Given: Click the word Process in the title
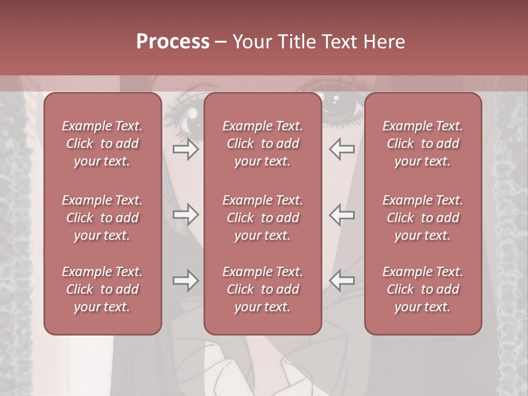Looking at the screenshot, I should (173, 42).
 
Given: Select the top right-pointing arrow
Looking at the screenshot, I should (185, 149).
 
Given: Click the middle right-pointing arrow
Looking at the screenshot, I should (185, 215).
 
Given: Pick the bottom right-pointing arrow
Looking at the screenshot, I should (185, 280).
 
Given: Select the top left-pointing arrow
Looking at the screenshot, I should (342, 149).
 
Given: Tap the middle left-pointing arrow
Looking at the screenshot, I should (342, 215).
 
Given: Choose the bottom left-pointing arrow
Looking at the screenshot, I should (342, 280).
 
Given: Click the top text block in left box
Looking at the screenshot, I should (102, 144).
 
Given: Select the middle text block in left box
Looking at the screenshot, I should (102, 218).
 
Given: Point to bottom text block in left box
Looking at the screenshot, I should (102, 289).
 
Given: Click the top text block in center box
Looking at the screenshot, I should (263, 144).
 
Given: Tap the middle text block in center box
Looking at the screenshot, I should (263, 218).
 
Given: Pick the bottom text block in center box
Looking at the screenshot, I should (263, 289).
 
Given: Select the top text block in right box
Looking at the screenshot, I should (423, 144).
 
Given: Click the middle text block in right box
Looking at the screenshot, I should (423, 218).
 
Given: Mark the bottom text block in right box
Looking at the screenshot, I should (423, 289).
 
